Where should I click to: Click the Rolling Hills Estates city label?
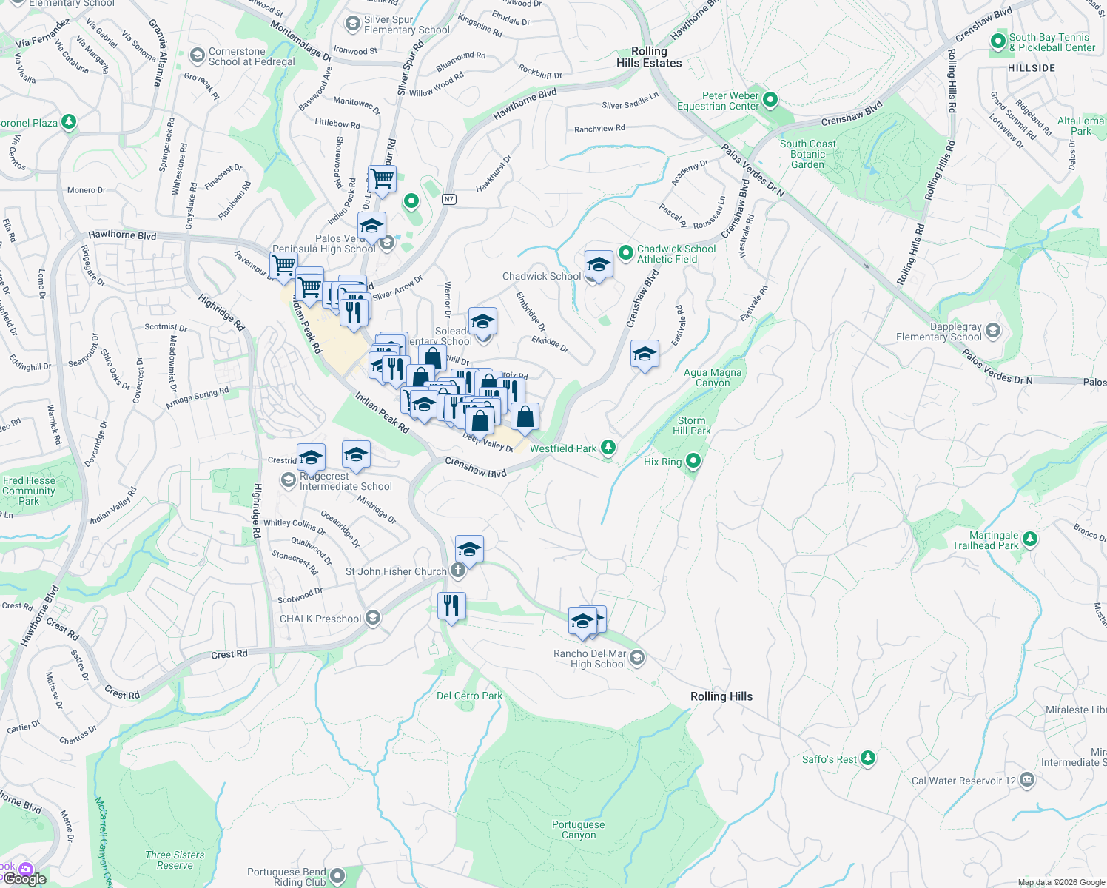tap(649, 57)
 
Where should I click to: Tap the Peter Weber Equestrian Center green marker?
tap(770, 99)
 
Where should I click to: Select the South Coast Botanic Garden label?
tap(807, 154)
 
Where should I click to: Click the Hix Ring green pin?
tap(693, 462)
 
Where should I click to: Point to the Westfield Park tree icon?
tap(608, 447)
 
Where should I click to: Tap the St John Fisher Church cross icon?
tap(458, 570)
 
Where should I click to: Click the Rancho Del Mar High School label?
tap(590, 659)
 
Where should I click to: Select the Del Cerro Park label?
tap(469, 696)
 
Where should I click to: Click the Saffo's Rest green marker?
tap(868, 758)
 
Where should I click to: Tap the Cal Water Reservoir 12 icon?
tap(1027, 780)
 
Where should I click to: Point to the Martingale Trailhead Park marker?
tap(1030, 539)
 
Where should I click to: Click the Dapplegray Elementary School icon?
tap(993, 331)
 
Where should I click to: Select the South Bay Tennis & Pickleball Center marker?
tap(998, 41)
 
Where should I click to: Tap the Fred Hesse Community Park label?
tap(29, 491)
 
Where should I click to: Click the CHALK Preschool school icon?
tap(373, 618)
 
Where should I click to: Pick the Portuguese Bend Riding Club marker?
tap(337, 876)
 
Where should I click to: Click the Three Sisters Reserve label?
tap(175, 860)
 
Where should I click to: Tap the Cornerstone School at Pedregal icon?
tap(197, 55)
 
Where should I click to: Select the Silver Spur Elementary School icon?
tap(353, 24)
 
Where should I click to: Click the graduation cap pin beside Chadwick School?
tap(598, 265)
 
